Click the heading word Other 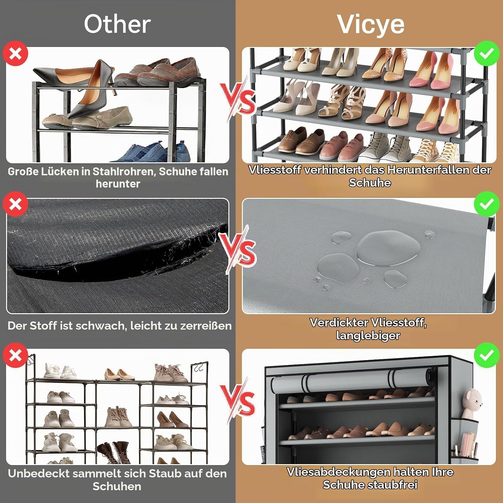(117, 24)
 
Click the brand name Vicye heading (371, 24)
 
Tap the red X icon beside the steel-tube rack (15, 53)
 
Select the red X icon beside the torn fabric (15, 204)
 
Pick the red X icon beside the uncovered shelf (15, 355)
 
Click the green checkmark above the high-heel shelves (487, 53)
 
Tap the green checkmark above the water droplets (487, 204)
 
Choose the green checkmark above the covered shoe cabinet (487, 355)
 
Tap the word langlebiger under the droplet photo (368, 335)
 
